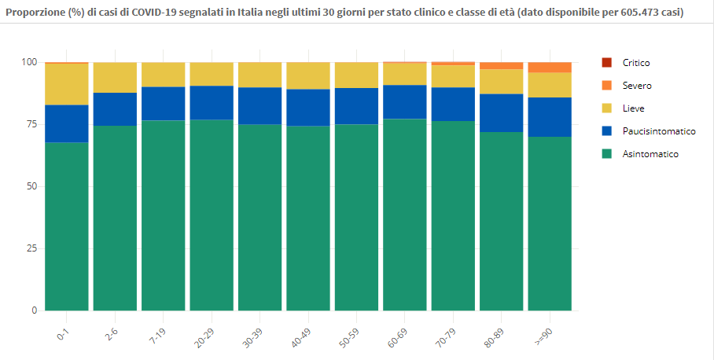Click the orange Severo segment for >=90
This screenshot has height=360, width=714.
point(550,68)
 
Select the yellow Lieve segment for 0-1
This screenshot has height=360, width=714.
point(67,84)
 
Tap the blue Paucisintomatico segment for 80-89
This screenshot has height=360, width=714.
point(502,113)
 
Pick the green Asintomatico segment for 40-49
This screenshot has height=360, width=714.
point(308,219)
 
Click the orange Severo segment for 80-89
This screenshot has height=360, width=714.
point(502,66)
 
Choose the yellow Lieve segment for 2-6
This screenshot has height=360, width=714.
point(116,77)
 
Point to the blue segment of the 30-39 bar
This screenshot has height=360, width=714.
point(260,105)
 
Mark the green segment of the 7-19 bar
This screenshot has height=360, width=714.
point(164,215)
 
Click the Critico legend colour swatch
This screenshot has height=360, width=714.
point(606,63)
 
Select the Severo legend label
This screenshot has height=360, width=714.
point(637,86)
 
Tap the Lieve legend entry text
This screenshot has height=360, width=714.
point(634,108)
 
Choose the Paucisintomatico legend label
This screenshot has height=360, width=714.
point(659,131)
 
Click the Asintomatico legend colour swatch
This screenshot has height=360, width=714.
point(606,154)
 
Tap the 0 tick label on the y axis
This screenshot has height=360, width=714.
point(35,310)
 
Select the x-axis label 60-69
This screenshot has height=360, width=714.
point(397,338)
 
